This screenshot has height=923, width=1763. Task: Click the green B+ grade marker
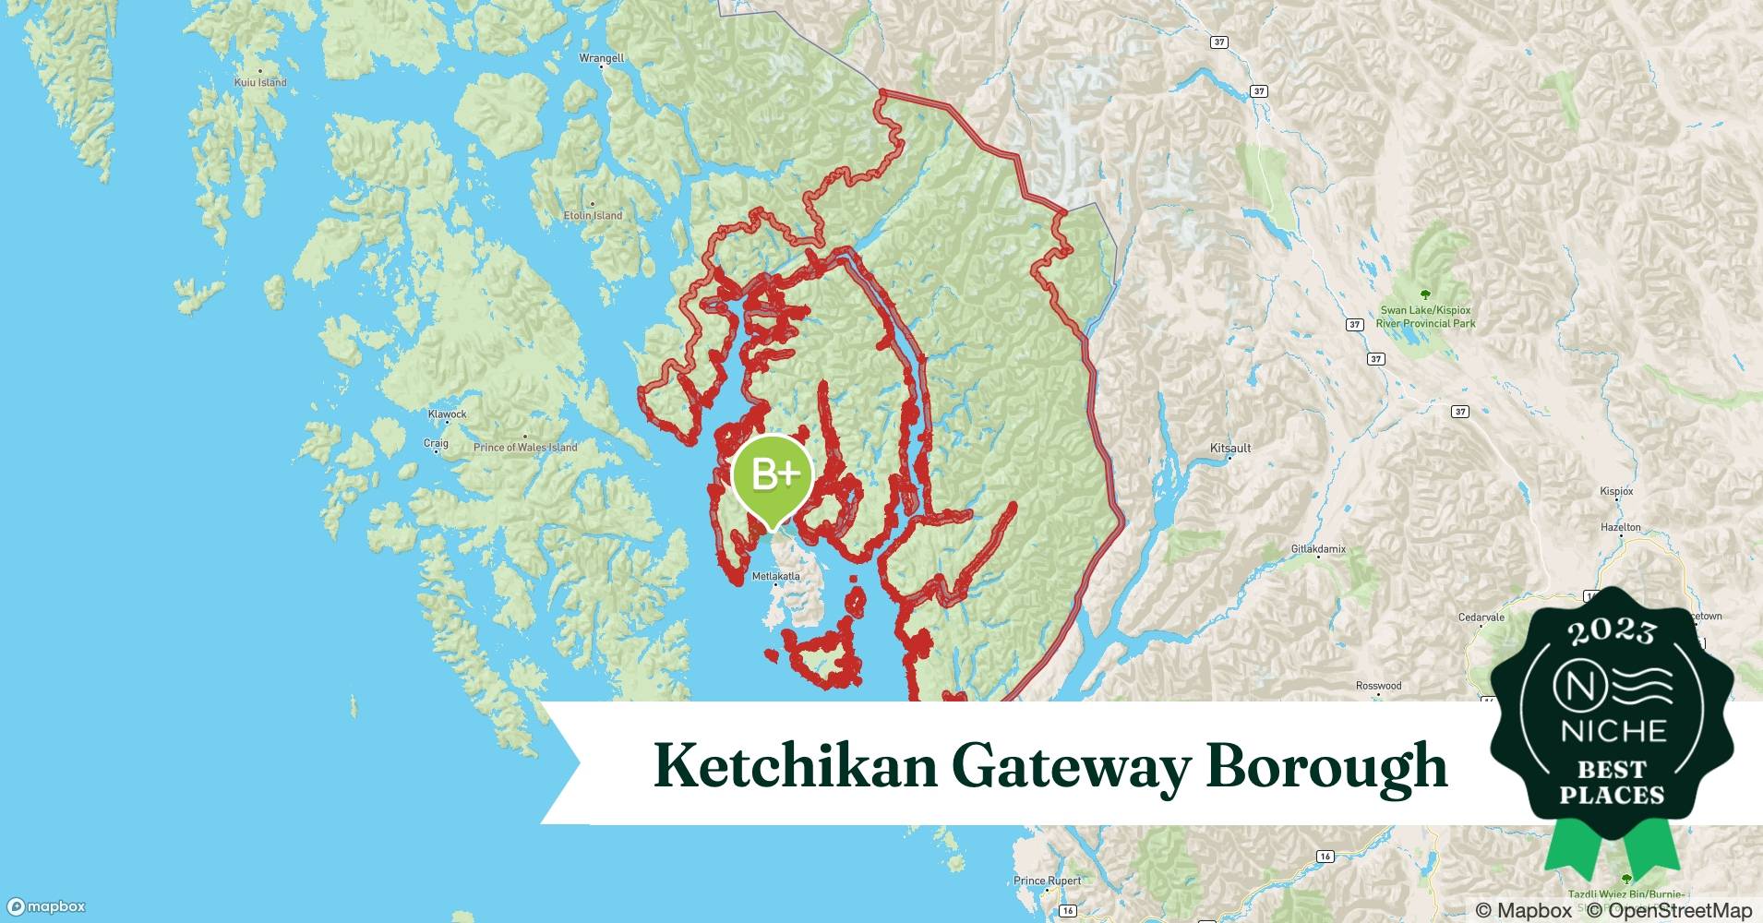[772, 474]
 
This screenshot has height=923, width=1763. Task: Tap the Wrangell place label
[601, 58]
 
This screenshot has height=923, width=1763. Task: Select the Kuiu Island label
[260, 82]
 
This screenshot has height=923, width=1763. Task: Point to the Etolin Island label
[593, 215]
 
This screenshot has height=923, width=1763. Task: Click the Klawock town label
[447, 414]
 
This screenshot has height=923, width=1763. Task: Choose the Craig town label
[436, 443]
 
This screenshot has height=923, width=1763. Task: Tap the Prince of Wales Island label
[525, 447]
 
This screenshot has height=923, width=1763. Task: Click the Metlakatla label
[775, 576]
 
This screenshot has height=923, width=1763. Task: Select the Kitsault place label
[1229, 448]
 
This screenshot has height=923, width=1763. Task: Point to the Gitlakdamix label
[1317, 549]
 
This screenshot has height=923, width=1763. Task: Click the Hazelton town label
[1620, 527]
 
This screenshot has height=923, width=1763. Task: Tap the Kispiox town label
[1616, 492]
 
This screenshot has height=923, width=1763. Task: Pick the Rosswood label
[1378, 686]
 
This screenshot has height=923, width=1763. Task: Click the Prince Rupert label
[1047, 881]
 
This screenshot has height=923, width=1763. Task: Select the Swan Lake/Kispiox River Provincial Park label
[1425, 317]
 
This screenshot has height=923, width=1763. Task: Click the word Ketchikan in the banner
[795, 766]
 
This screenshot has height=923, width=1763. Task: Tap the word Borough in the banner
[1326, 766]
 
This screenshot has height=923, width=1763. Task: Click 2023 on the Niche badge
[1613, 631]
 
